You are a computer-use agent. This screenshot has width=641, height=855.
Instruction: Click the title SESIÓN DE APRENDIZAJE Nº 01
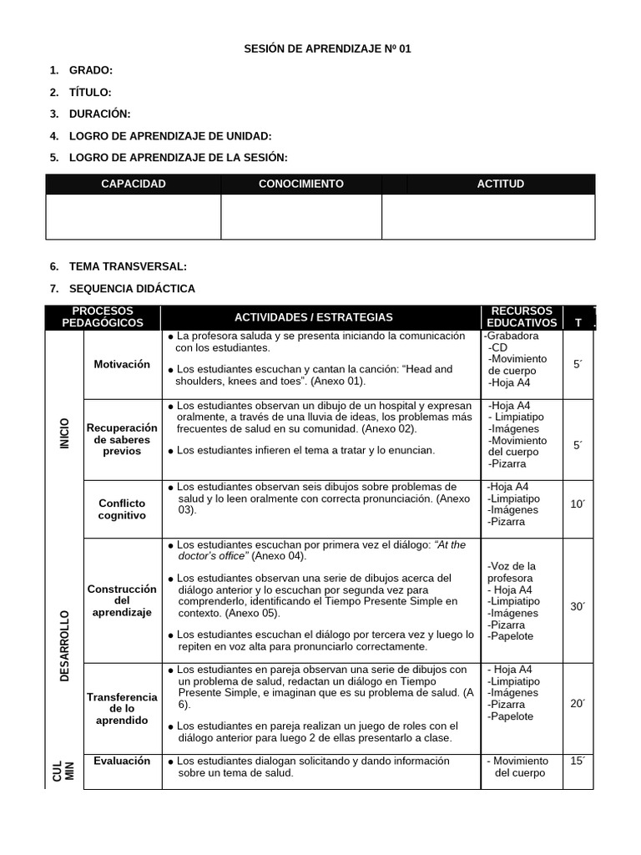327,49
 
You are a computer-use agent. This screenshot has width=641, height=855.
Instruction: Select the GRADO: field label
90,71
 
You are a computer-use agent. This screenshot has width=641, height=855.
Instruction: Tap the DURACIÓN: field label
99,114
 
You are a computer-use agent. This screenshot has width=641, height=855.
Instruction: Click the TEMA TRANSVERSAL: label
128,266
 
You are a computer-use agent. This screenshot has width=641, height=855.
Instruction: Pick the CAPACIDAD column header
133,184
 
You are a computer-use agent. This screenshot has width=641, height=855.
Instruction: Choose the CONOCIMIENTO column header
300,184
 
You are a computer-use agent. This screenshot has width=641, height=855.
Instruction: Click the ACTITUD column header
500,184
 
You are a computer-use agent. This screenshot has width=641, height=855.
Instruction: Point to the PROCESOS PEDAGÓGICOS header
103,316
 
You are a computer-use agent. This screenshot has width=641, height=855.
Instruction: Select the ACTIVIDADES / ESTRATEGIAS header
313,317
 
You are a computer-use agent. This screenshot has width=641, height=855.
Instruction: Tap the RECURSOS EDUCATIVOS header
522,316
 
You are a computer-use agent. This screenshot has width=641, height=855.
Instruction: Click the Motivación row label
122,364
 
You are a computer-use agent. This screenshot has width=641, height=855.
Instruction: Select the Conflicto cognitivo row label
122,509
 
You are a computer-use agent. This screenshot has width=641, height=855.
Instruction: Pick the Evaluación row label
122,761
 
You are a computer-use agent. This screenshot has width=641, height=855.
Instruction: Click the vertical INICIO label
64,433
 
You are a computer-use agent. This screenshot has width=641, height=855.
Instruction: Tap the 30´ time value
578,607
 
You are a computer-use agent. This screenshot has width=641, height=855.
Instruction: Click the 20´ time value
578,704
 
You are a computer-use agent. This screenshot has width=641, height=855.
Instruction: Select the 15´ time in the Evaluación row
578,761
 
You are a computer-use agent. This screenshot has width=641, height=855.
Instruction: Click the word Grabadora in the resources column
512,336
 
